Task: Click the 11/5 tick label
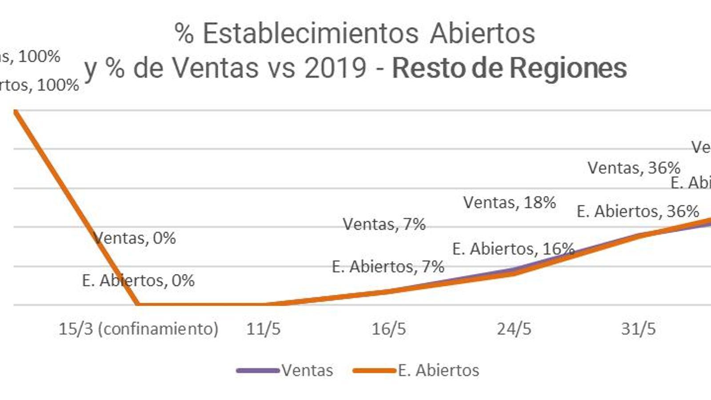point(264,329)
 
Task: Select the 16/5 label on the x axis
point(389,329)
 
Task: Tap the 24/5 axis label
point(514,329)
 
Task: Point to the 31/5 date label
point(639,329)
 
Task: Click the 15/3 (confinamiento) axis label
point(139,329)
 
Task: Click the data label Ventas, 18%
point(510,203)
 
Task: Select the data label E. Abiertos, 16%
point(513,249)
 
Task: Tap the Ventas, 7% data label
point(384,224)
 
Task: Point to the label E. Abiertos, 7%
point(388,267)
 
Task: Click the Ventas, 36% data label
point(634,168)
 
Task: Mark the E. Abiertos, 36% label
point(638,212)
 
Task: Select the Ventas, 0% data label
point(135,238)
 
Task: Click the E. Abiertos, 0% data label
point(138,280)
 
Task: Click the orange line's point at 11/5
point(264,304)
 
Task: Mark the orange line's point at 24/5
point(514,272)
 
